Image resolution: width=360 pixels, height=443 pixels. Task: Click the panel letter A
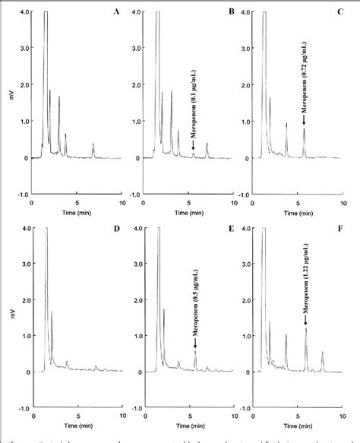115,12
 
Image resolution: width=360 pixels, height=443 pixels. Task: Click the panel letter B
226,12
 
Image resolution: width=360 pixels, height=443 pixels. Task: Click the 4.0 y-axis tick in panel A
24,12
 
